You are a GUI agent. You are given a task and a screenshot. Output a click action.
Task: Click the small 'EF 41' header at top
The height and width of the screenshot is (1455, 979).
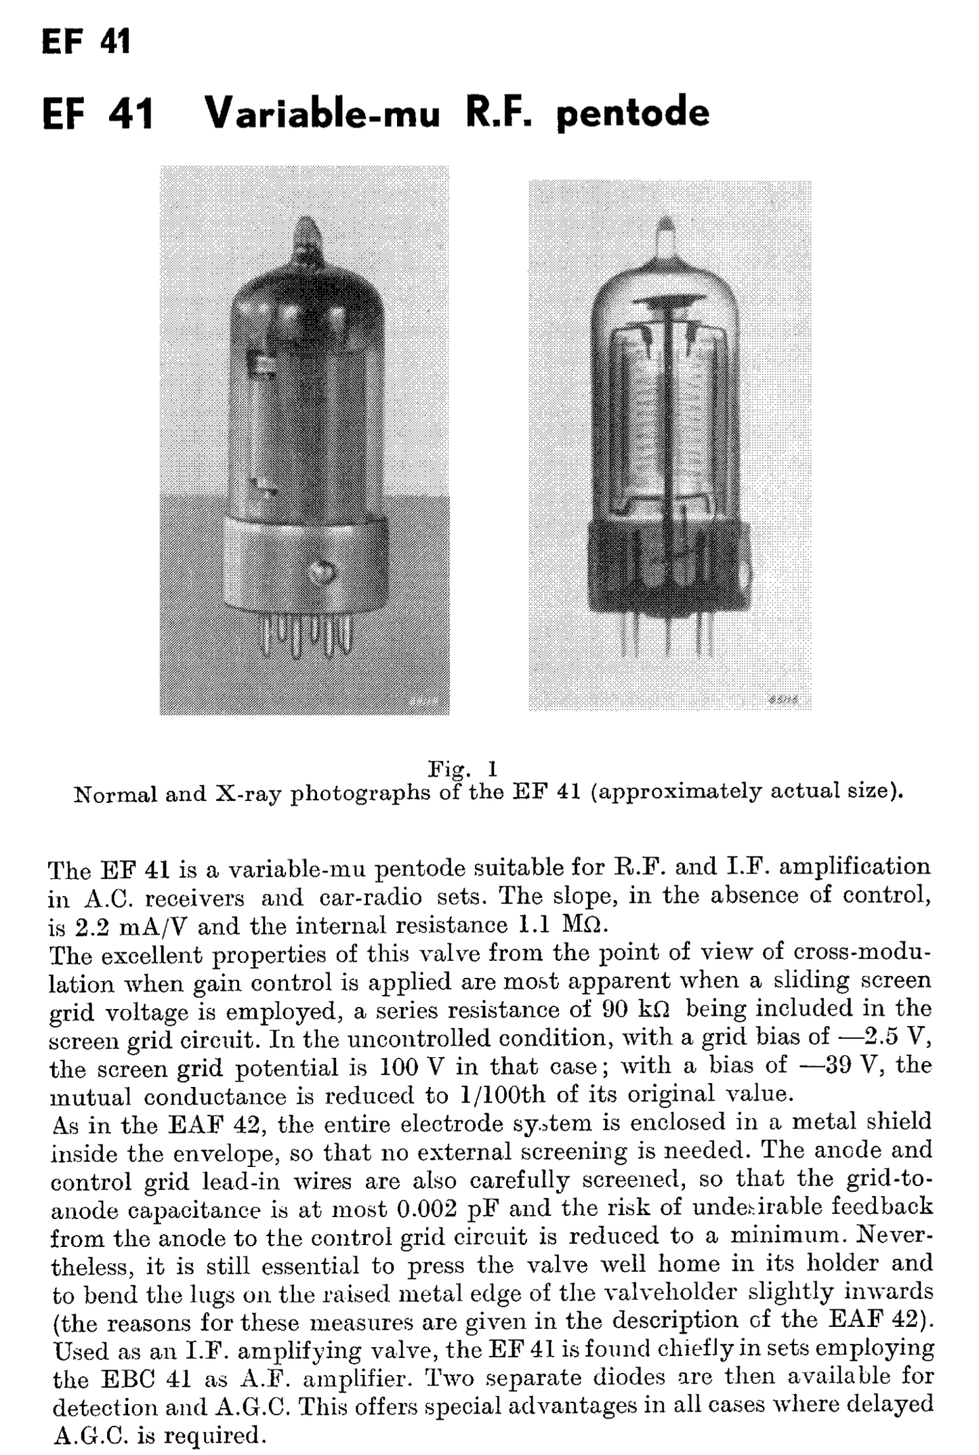85,43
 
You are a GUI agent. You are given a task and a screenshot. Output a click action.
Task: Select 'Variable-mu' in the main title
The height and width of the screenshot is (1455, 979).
322,112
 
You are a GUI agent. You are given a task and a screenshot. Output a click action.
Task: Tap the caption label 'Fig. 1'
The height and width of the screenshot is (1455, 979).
463,769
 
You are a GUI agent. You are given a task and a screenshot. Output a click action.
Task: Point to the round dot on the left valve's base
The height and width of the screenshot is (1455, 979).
318,571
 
